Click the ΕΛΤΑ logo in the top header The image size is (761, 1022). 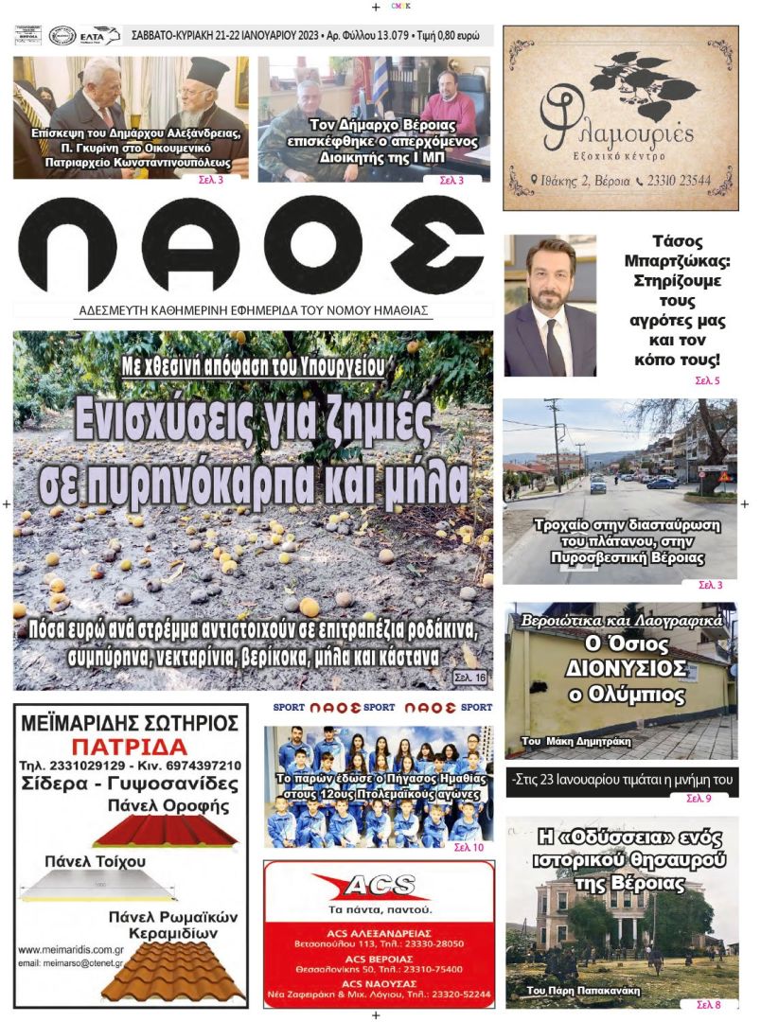[100, 36]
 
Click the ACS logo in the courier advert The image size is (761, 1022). [378, 886]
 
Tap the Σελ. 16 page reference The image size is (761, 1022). [469, 678]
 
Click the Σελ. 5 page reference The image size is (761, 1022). [706, 381]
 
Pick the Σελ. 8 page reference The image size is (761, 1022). [708, 1004]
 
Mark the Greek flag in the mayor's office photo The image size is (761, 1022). [380, 80]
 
